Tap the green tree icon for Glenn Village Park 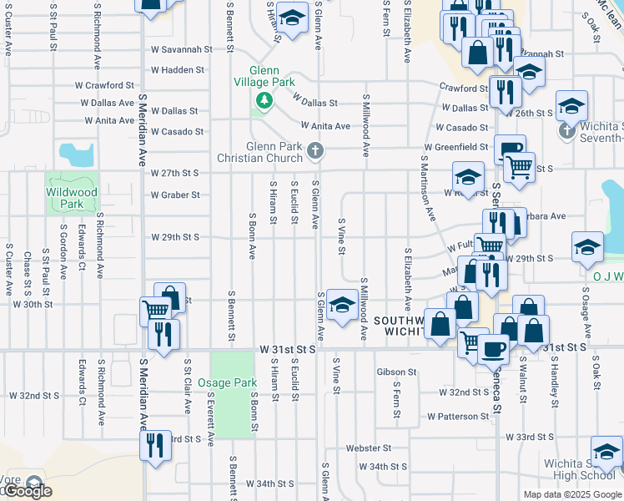(x=264, y=101)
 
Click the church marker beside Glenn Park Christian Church (x=315, y=151)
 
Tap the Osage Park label (x=228, y=383)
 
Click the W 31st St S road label (x=288, y=347)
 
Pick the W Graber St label (x=175, y=195)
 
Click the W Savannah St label (x=177, y=49)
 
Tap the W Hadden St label (x=172, y=70)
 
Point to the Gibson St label (x=396, y=372)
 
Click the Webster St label (x=369, y=448)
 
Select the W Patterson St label (x=458, y=416)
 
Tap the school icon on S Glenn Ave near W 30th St (x=341, y=306)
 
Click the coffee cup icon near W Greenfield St (x=510, y=149)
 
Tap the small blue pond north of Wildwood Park (x=76, y=154)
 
